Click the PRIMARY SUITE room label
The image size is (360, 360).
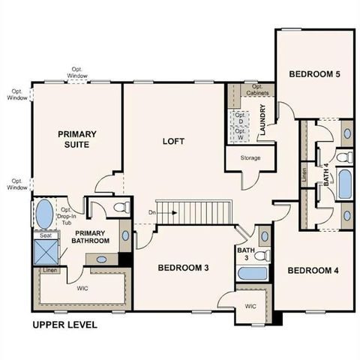point(79,139)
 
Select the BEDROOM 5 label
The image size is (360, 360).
point(315,74)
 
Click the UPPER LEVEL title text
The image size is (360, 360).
point(64,325)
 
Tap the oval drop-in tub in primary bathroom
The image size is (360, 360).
point(43,212)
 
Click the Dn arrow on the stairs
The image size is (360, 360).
point(163,212)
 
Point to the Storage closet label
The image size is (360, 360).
point(250,159)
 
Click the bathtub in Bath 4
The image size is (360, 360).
point(344,184)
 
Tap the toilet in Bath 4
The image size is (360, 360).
point(342,157)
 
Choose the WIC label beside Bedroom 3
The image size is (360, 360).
point(250,305)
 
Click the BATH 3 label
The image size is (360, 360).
point(245,253)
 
